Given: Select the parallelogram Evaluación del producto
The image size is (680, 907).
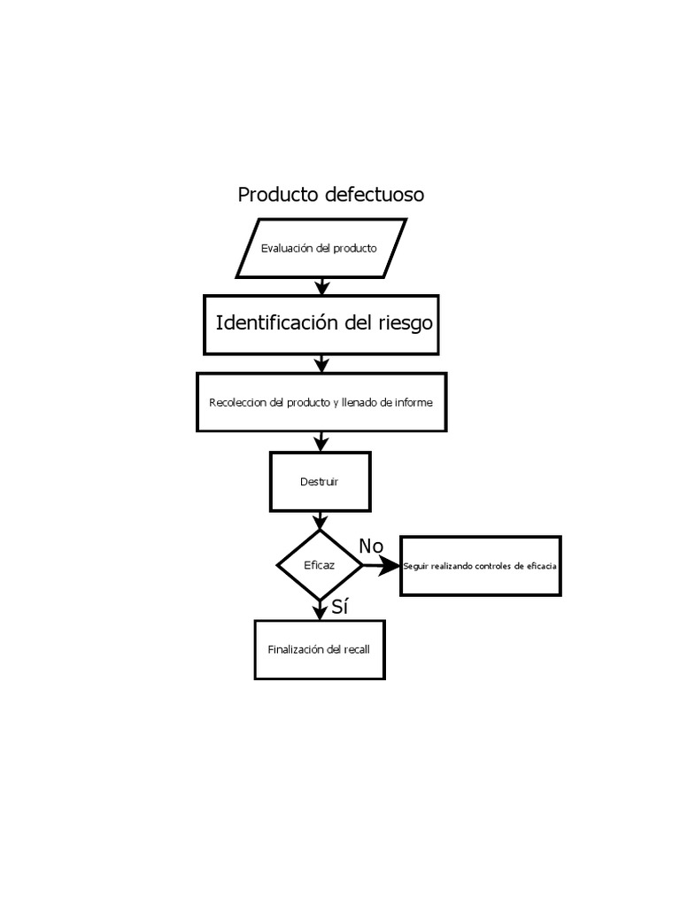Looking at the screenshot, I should (x=320, y=248).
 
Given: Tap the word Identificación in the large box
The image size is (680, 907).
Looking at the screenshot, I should (x=277, y=323).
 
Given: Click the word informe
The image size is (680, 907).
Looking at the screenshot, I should (x=413, y=402).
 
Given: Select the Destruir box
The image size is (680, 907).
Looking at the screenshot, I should (x=320, y=482).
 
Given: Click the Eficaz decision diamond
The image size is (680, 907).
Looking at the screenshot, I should (x=320, y=565).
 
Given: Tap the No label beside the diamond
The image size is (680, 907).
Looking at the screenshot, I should (x=371, y=547).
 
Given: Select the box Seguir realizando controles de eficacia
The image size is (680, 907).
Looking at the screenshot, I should (x=480, y=566).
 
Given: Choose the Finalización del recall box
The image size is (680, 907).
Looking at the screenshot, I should (x=320, y=649).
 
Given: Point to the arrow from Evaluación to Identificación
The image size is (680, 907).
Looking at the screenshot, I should (x=322, y=286).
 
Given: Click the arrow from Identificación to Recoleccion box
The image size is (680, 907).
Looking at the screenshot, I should (x=322, y=363).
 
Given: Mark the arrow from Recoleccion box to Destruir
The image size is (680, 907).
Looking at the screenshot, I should (x=321, y=441).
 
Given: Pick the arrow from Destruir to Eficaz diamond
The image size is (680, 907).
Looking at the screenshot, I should (x=321, y=521).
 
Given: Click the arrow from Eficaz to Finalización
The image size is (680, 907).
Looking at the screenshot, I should (x=321, y=609).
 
